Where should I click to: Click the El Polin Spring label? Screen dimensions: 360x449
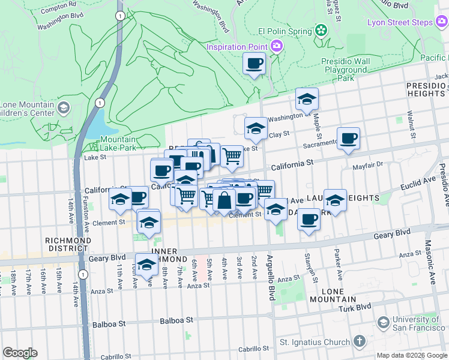[285, 31]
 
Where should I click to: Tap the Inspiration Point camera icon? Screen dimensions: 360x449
[277, 46]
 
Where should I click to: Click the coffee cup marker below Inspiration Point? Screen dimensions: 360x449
[254, 63]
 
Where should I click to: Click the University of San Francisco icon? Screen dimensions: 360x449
[382, 324]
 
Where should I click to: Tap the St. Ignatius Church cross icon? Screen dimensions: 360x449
[359, 342]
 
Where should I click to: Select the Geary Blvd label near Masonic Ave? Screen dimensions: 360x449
[394, 232]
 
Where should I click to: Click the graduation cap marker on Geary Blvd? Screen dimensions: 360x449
[146, 265]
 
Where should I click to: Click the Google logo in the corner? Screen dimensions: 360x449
[20, 353]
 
